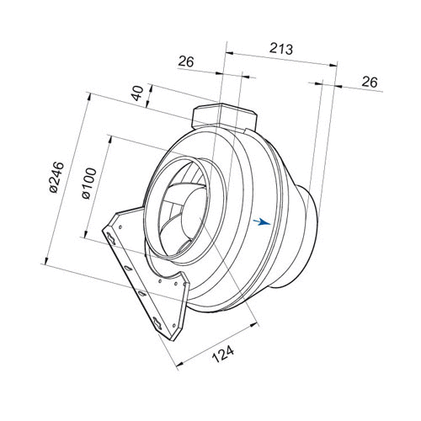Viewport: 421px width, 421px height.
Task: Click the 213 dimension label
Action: click(281, 49)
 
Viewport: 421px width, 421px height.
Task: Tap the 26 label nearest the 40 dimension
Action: click(186, 61)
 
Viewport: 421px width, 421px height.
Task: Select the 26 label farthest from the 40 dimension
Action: click(370, 82)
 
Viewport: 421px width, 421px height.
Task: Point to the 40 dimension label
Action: click(137, 93)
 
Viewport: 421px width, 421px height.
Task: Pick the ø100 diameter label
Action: click(89, 184)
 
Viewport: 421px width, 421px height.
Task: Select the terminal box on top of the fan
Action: click(224, 117)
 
